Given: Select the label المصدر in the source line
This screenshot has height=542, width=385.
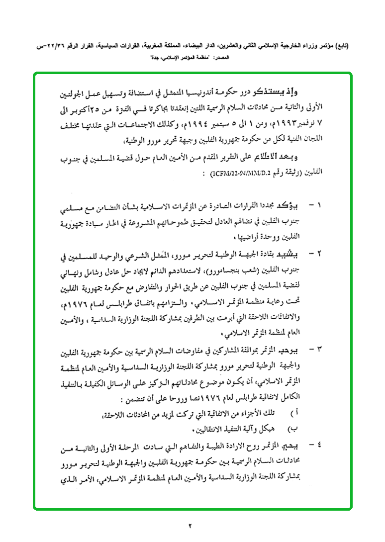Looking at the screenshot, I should [x=221, y=58].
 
